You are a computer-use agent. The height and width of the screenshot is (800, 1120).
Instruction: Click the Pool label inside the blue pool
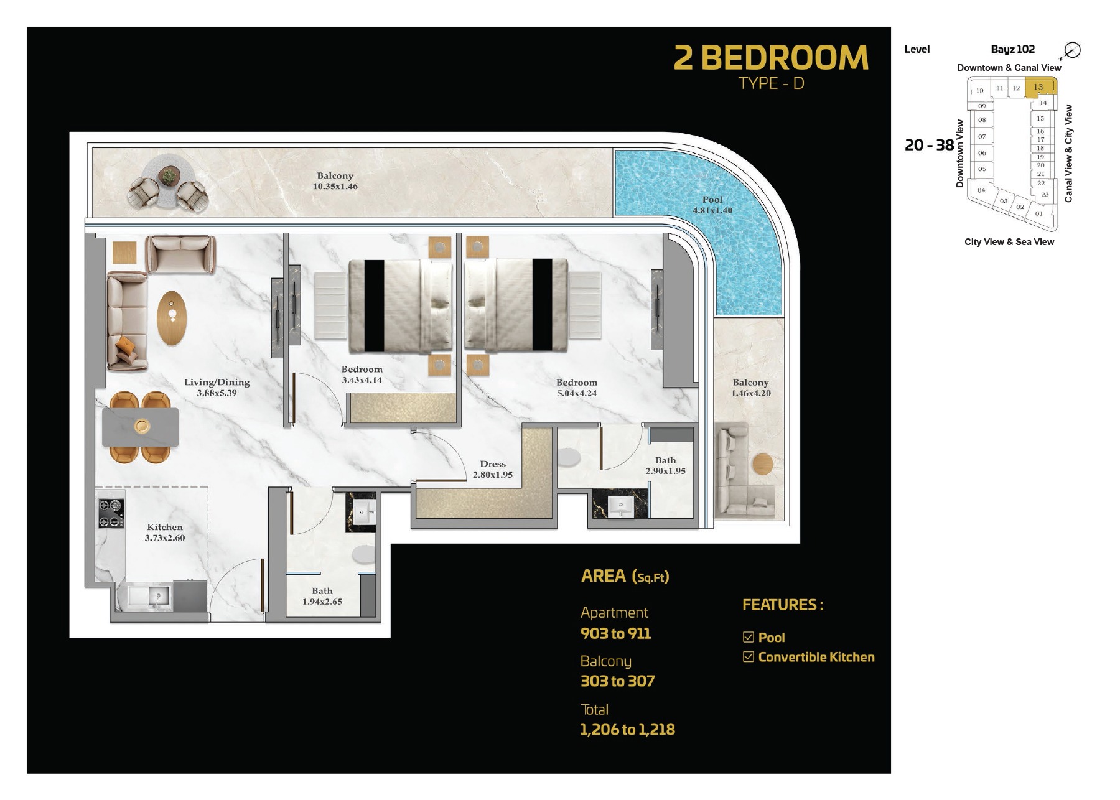tap(712, 205)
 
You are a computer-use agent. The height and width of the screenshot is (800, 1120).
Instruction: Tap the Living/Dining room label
tap(217, 387)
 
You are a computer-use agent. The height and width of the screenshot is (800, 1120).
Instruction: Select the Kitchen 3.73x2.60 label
tap(165, 533)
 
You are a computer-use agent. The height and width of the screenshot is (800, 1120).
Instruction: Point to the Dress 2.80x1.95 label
tap(493, 469)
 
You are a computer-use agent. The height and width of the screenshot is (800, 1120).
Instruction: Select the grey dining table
tap(141, 427)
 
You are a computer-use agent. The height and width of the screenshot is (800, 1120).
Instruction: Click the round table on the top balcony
tap(167, 176)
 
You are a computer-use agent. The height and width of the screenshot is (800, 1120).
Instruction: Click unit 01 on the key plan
tap(1038, 213)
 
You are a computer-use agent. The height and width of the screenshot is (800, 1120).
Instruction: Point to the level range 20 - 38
tap(929, 145)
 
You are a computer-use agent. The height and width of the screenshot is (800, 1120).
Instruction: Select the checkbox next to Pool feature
tap(749, 637)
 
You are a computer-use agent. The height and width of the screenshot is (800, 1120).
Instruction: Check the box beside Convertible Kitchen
tap(749, 657)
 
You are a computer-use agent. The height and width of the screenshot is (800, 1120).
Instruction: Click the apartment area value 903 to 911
tap(615, 633)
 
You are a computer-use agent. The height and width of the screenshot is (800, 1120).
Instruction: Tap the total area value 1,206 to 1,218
tap(627, 729)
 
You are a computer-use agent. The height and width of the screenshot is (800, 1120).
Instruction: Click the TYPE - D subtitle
tap(771, 83)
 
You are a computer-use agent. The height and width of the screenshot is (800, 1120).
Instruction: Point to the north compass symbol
tap(1072, 50)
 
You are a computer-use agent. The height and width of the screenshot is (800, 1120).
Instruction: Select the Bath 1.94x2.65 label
tap(322, 596)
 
